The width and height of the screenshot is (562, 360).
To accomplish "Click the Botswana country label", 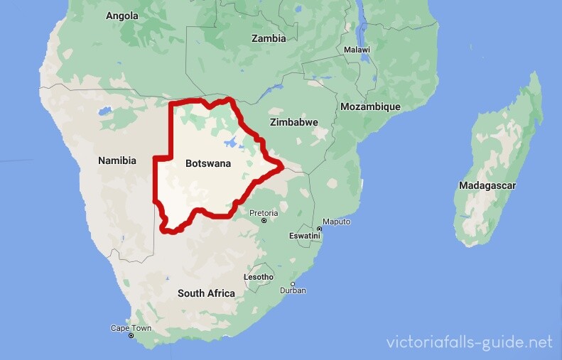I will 208,163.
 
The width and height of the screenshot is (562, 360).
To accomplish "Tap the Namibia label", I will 117,160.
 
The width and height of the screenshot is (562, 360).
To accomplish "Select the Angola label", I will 122,16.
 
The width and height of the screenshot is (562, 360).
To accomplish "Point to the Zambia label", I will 269,38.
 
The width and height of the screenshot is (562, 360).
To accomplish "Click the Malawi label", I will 357,50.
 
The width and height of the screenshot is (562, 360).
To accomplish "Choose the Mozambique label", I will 370,107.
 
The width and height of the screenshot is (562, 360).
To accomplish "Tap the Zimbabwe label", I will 294,122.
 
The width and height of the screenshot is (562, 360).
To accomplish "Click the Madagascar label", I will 487,185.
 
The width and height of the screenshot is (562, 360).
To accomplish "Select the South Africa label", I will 206,293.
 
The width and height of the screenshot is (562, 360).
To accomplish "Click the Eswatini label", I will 305,235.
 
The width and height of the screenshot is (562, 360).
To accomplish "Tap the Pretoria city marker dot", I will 264,221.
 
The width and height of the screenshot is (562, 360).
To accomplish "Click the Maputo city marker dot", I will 319,229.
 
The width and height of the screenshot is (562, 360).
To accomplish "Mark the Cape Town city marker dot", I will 131,335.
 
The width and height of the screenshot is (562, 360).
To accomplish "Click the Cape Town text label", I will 131,328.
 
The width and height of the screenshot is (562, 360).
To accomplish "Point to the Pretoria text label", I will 264,212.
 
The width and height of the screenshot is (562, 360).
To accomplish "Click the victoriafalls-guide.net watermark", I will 469,342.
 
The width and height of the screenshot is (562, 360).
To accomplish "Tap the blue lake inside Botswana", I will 232,143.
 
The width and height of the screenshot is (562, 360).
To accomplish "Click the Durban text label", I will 293,290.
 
